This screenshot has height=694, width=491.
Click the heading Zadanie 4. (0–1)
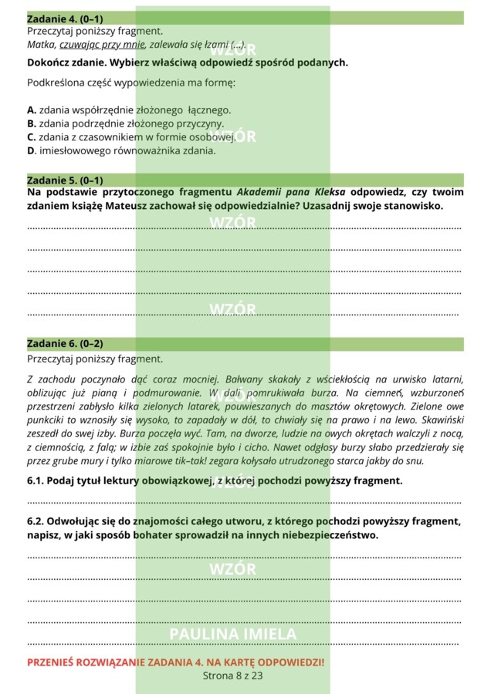[x=65, y=18]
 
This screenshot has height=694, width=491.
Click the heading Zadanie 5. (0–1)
[x=65, y=180]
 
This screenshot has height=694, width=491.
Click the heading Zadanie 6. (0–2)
[x=65, y=344]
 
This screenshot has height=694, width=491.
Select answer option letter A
[x=31, y=110]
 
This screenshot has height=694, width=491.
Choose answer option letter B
[x=31, y=123]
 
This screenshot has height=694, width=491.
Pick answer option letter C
[x=31, y=137]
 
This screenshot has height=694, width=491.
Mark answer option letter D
[x=31, y=151]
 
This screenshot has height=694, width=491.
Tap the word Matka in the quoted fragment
[x=41, y=45]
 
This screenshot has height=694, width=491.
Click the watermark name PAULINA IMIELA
[x=232, y=634]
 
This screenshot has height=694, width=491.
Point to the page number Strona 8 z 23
[x=232, y=675]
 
